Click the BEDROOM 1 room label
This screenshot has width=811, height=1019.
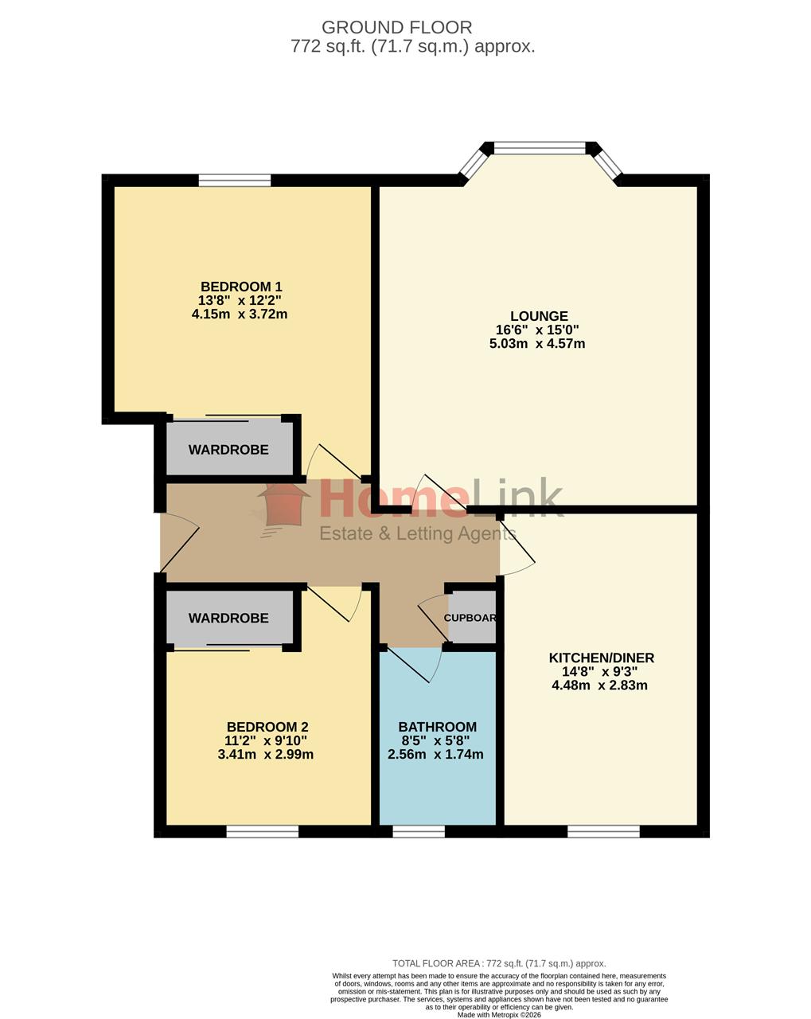tap(241, 287)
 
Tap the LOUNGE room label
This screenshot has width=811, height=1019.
tap(539, 316)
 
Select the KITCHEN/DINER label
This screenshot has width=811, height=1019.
tap(601, 658)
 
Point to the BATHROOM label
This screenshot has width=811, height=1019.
tap(437, 727)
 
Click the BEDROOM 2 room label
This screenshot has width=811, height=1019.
tap(267, 727)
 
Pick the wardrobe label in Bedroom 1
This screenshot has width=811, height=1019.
tap(228, 450)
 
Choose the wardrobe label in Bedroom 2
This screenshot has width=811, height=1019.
tap(228, 618)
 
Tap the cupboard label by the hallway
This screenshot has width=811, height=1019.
tap(470, 618)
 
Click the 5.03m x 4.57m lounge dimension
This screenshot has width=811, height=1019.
tap(537, 343)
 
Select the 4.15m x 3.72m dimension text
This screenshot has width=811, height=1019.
tap(239, 314)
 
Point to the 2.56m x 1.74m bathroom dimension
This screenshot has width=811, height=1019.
tap(435, 755)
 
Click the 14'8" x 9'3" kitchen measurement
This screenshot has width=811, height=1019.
tap(599, 671)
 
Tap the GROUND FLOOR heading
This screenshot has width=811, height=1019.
tap(396, 27)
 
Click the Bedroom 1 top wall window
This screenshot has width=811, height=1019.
tap(234, 181)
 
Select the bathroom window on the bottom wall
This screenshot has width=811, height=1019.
tap(419, 832)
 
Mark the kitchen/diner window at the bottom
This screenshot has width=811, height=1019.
tap(603, 832)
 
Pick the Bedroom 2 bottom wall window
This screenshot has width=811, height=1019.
tap(263, 832)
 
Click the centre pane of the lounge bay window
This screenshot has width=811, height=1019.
tap(540, 148)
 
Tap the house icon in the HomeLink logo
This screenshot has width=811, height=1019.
tap(284, 506)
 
